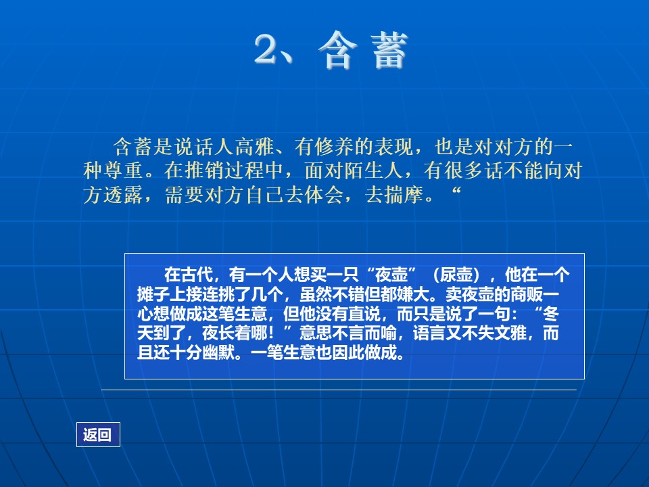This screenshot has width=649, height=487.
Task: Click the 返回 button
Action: click(x=98, y=434)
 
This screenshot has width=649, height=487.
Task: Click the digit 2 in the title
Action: click(x=266, y=49)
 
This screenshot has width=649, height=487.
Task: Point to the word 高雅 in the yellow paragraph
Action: click(x=255, y=147)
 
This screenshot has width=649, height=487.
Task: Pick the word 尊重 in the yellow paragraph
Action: click(x=123, y=170)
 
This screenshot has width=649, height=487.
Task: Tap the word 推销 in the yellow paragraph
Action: click(x=204, y=170)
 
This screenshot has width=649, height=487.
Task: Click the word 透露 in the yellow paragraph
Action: click(x=123, y=195)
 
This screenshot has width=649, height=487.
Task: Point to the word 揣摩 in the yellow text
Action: click(x=404, y=195)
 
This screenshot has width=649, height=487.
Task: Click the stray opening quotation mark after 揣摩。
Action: click(x=456, y=191)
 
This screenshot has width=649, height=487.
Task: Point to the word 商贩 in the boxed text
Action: click(x=527, y=294)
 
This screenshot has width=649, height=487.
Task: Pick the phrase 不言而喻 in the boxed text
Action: click(x=364, y=333)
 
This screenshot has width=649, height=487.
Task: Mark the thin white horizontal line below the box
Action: click(x=339, y=390)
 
